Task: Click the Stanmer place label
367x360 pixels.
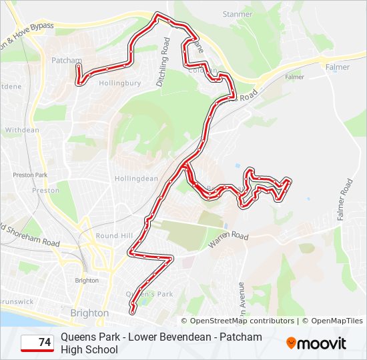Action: coord(238,14)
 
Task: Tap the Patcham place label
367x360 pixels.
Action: coord(65,59)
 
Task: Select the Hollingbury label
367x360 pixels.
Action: coord(119,83)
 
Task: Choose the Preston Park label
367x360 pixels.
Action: coord(31,175)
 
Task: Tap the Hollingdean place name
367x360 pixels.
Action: coord(135,179)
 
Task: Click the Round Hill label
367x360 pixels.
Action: coord(114,236)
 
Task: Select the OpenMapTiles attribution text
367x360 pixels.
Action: coord(336,321)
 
